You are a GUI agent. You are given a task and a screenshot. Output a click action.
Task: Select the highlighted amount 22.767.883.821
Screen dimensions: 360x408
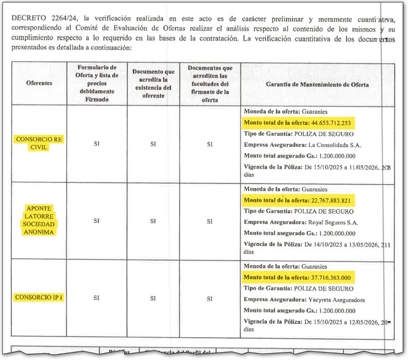331,200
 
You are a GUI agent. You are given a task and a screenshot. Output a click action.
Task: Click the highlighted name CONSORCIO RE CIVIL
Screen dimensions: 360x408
39,143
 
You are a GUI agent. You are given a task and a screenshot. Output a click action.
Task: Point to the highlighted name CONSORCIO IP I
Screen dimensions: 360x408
39,297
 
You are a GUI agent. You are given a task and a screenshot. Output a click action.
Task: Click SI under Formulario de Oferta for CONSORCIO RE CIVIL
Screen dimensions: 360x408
96,144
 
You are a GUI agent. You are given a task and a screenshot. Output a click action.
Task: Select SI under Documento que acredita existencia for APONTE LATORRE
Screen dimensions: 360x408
153,221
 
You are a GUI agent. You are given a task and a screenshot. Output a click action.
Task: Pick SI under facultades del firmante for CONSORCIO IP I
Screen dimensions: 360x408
210,298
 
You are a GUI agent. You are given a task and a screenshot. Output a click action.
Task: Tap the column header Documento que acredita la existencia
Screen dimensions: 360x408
153,84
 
